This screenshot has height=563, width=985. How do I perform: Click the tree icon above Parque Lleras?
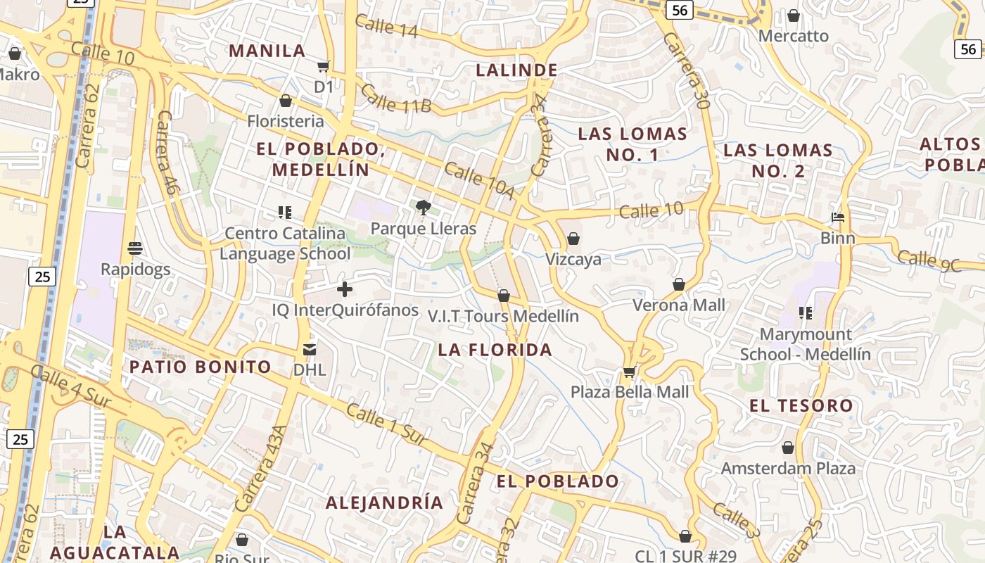pos(423,207)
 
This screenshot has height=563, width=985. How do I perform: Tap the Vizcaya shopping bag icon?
pos(573,239)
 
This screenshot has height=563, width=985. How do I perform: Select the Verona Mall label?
pos(678,305)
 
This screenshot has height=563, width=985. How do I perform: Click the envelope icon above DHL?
pos(309,349)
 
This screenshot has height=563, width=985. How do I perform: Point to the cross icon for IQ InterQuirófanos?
pos(345,289)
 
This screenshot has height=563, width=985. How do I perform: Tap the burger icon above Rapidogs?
pos(135,248)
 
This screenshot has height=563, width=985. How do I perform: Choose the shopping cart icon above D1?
pos(323,67)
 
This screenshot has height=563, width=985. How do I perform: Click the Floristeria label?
pos(285,121)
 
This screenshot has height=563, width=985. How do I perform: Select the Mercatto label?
pos(794,36)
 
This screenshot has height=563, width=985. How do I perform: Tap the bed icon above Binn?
pos(837,217)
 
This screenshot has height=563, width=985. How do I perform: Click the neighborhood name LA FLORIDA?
pos(495,350)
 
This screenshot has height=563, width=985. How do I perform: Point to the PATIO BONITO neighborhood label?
pos(201,367)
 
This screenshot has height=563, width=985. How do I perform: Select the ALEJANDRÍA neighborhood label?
pos(384,502)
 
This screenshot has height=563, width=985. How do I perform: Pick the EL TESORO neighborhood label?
pos(801,405)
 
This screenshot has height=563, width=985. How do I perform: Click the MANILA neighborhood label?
pos(267,51)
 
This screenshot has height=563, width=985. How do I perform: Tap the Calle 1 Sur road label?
pos(387,424)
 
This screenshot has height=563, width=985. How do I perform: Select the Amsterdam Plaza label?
pos(788,468)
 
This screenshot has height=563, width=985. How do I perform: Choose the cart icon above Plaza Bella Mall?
pos(629,372)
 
